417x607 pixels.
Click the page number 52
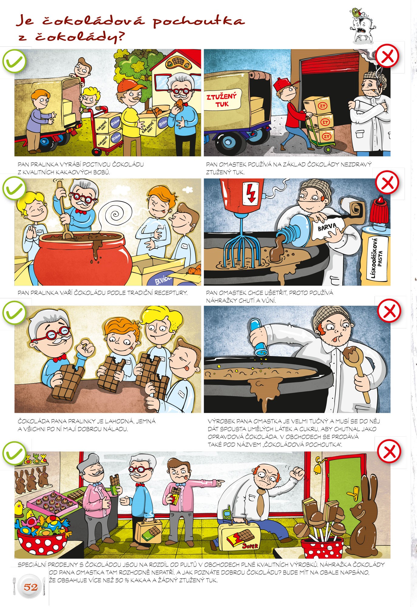coord(31,587)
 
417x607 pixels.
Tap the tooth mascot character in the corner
coord(363,25)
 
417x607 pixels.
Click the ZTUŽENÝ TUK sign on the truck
coord(221,100)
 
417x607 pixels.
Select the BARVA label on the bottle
coord(327,227)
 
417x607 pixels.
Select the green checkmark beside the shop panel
coord(14,452)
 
